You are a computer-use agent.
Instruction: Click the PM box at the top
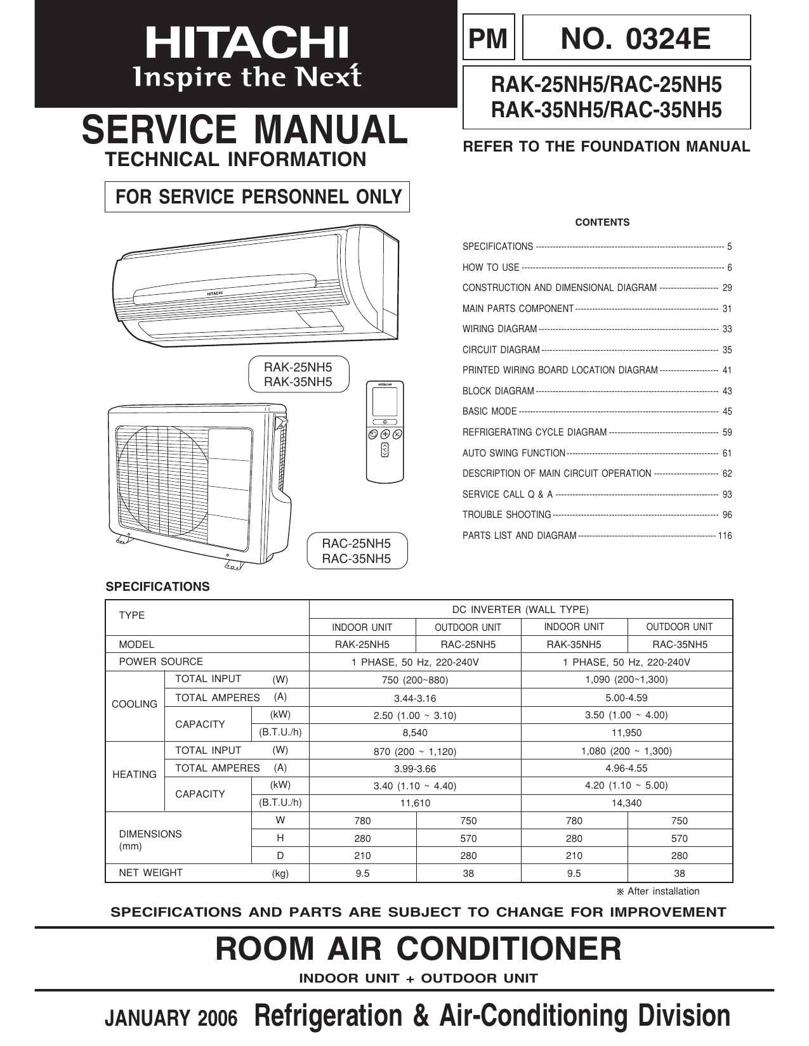[489, 39]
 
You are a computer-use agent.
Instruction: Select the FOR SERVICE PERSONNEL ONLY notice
[258, 197]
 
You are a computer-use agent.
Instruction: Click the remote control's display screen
[385, 401]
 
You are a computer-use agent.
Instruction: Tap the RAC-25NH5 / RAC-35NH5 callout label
[356, 551]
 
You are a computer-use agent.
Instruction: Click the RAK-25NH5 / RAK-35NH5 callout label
[298, 374]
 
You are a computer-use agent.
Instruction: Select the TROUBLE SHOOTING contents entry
[506, 515]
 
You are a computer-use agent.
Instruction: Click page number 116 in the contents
[725, 536]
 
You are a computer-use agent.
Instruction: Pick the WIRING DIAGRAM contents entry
[500, 329]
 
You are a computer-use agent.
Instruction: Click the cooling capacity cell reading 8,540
[415, 732]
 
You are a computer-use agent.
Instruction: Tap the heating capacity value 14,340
[626, 803]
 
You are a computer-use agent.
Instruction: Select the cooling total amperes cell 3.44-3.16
[415, 698]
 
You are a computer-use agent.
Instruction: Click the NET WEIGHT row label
[151, 873]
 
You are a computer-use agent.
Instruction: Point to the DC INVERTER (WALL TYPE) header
[520, 610]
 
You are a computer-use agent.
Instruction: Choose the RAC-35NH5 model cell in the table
[680, 644]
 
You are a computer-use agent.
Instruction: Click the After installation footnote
[658, 891]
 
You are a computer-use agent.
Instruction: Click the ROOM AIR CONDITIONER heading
[419, 949]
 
